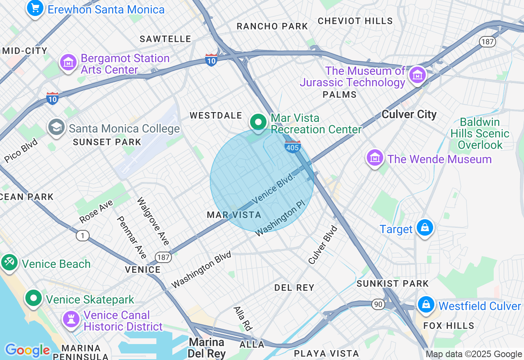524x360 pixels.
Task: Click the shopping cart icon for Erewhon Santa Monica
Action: [35, 8]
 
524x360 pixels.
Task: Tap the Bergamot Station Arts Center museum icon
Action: [69, 63]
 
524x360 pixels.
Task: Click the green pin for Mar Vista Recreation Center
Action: [258, 122]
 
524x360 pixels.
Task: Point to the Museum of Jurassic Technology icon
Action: [418, 75]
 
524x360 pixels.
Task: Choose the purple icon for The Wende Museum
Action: [375, 157]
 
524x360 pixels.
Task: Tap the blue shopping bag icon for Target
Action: [425, 227]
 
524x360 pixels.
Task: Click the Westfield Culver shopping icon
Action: [426, 304]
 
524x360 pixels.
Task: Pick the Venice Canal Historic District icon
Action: [71, 319]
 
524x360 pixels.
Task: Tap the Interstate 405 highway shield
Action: [293, 146]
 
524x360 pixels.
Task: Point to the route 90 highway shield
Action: [378, 304]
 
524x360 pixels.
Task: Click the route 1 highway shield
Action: [83, 236]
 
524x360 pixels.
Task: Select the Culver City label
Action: [409, 114]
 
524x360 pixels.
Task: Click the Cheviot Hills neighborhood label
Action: [355, 21]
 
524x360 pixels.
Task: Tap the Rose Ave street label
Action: [96, 211]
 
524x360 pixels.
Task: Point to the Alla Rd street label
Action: [243, 318]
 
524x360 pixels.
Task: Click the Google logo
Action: [27, 350]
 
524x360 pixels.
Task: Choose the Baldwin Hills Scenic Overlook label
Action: [479, 133]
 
